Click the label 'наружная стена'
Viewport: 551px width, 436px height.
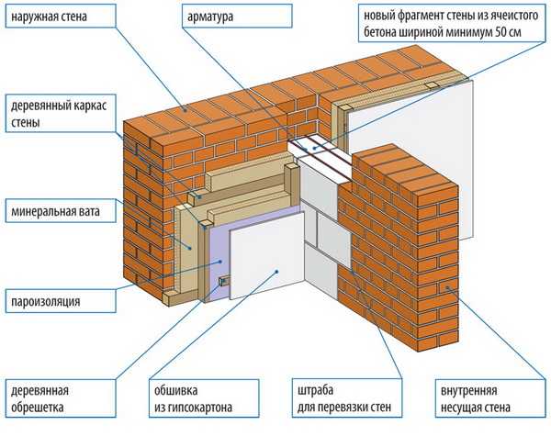pos(50,17)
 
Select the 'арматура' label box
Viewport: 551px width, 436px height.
pos(237,17)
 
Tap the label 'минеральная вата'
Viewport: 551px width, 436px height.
pos(55,211)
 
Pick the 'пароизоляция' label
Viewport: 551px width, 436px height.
pos(46,301)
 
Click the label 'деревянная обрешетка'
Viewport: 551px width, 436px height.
pos(39,398)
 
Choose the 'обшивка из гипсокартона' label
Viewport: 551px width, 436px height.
pos(193,398)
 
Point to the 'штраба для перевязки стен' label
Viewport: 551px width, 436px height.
pos(344,398)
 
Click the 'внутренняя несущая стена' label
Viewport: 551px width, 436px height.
pos(476,398)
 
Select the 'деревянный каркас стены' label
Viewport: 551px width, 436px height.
pos(59,114)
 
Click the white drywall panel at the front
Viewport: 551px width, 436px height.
pos(267,256)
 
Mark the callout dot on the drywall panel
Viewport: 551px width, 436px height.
pos(277,271)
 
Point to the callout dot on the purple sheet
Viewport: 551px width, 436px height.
pos(220,262)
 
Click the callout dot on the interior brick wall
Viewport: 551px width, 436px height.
pos(448,287)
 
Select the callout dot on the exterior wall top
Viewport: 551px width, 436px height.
pos(186,109)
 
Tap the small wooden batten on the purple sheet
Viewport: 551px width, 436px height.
pos(224,281)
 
